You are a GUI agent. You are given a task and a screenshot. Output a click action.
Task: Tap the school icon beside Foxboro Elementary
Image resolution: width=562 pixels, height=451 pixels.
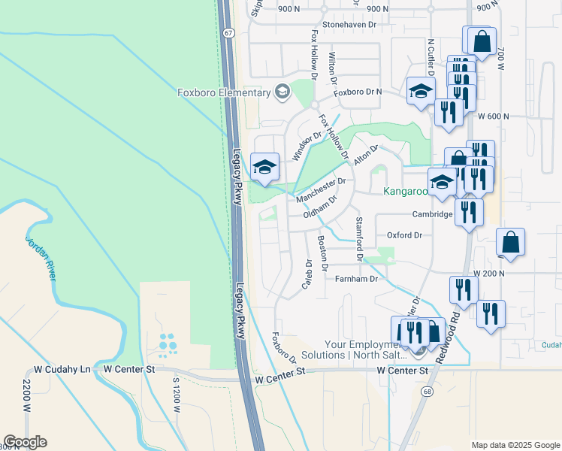(x=283, y=92)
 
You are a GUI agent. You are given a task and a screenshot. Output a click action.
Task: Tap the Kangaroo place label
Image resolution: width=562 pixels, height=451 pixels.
(x=406, y=192)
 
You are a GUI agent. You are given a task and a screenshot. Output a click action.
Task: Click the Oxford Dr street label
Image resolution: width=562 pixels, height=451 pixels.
(x=404, y=235)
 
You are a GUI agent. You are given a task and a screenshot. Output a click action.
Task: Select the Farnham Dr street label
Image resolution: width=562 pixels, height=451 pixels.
(x=357, y=279)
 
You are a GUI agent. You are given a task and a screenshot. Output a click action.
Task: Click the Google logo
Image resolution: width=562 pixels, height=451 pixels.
(x=25, y=442)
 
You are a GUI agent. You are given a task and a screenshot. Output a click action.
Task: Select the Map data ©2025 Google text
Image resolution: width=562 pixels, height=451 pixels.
(x=515, y=445)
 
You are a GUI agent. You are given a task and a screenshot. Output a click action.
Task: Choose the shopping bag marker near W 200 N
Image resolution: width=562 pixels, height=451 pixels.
(x=511, y=242)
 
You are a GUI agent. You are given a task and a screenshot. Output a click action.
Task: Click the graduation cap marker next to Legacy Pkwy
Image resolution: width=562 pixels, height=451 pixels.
(x=264, y=168)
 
